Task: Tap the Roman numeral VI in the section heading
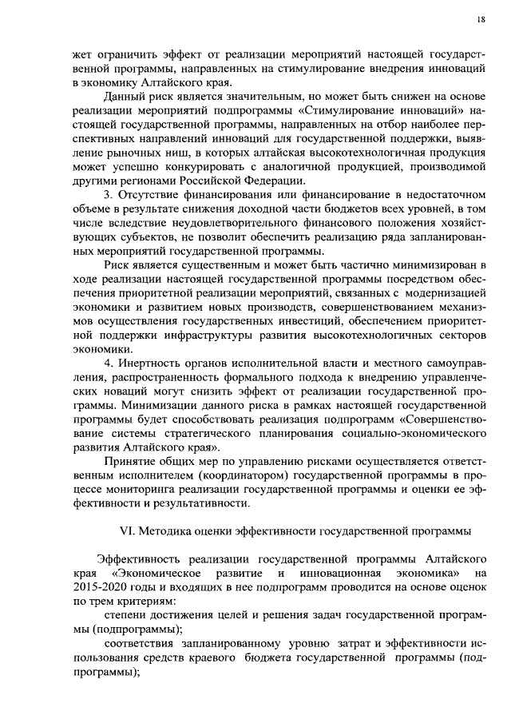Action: (125, 530)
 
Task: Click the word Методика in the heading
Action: (163, 530)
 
